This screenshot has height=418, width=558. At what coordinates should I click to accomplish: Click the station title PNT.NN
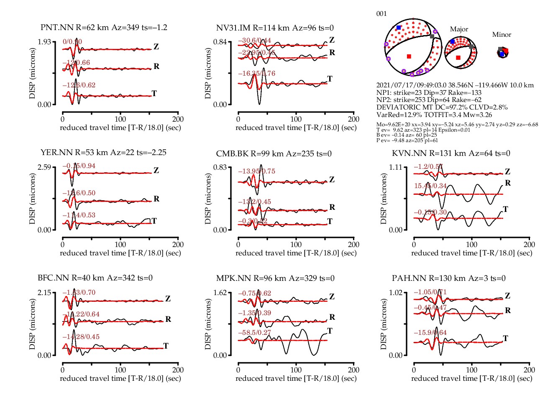(x=57, y=28)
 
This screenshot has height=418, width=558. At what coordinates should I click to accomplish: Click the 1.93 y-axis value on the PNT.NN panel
(x=44, y=42)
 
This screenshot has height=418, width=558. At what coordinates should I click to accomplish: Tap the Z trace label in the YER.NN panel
(x=156, y=171)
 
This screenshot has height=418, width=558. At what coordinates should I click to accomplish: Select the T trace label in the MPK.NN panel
(x=330, y=331)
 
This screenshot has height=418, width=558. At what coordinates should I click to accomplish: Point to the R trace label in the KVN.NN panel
(x=507, y=183)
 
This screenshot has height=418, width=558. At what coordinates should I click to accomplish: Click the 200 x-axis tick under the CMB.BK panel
(x=353, y=245)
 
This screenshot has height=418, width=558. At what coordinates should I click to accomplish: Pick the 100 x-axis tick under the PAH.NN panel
(x=471, y=370)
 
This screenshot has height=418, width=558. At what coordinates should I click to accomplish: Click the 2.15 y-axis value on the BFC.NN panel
(x=44, y=293)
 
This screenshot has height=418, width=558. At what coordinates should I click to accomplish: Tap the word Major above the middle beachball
(x=459, y=29)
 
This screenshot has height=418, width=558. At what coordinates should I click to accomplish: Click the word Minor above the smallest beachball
(x=502, y=35)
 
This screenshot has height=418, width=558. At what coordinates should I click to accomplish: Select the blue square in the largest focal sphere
(x=399, y=28)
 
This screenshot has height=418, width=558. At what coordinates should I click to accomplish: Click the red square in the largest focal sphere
(x=409, y=56)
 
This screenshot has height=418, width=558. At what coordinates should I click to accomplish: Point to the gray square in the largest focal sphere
(x=432, y=37)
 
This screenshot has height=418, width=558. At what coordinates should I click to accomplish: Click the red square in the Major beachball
(x=458, y=58)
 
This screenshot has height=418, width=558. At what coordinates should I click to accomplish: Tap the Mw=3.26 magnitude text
(x=478, y=115)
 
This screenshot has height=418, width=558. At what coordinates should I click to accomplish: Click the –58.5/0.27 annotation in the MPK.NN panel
(x=254, y=333)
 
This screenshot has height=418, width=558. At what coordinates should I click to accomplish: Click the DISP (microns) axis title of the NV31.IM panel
(x=208, y=73)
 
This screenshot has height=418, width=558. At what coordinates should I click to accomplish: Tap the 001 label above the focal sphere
(x=381, y=14)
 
